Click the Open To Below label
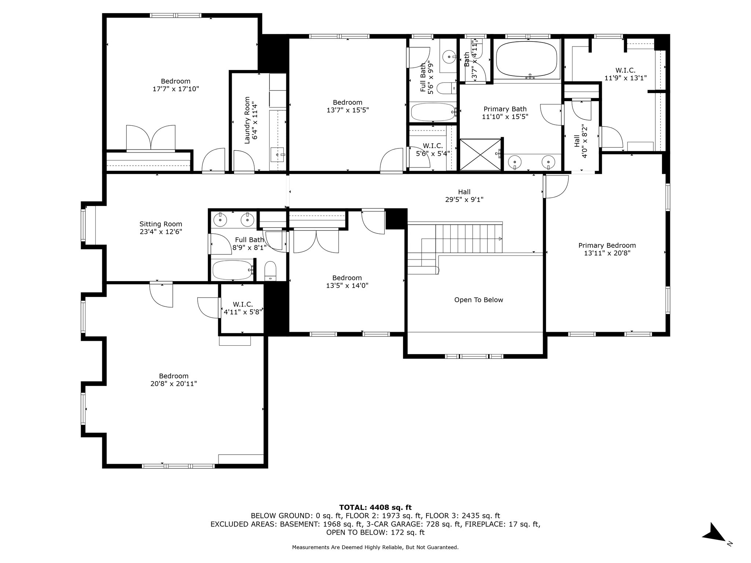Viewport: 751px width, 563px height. point(479,300)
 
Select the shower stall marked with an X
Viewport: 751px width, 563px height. point(480,154)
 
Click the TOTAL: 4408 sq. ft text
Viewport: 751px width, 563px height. point(375,507)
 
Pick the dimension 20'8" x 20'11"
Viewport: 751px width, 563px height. point(173,384)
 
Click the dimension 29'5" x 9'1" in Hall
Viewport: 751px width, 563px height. point(464,200)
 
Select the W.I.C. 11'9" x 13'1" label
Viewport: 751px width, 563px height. point(625,74)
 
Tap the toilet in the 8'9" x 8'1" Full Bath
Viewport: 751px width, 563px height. point(271,271)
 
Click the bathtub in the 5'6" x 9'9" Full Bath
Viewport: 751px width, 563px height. point(433,112)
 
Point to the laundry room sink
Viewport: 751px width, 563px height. point(278,155)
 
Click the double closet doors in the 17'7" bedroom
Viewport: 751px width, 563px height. point(151,138)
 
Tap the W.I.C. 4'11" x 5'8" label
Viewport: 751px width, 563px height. point(243,308)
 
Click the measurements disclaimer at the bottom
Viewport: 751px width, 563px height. point(375,547)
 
